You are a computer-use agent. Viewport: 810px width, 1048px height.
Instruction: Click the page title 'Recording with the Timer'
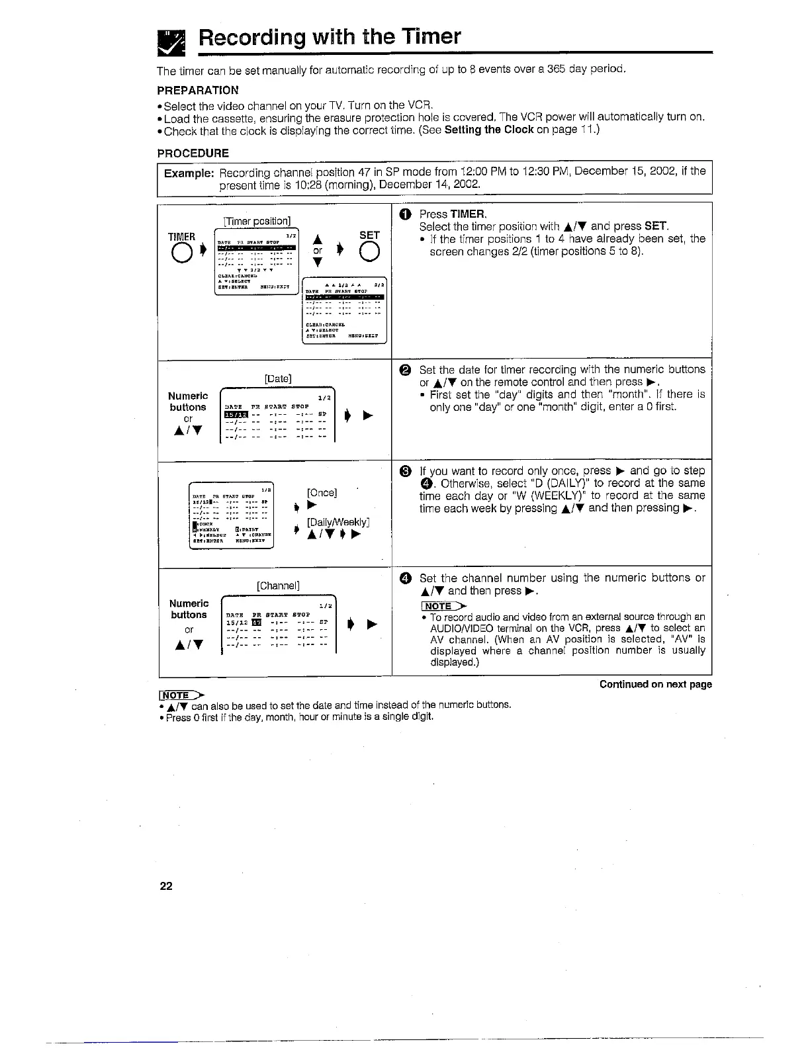coord(330,36)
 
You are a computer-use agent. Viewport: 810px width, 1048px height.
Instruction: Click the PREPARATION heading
coord(197,90)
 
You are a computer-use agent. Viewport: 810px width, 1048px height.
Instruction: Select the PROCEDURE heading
coord(193,153)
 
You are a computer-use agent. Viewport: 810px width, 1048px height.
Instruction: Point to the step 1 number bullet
coord(406,214)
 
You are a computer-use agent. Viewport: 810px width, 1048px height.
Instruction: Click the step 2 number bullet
coord(406,370)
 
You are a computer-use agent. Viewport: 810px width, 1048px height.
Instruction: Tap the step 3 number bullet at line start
coord(406,471)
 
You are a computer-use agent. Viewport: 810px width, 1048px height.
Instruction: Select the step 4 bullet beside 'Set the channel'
coord(406,579)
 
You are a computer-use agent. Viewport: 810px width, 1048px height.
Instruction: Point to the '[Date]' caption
coord(278,378)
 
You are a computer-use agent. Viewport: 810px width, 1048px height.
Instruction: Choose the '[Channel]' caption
coord(278,586)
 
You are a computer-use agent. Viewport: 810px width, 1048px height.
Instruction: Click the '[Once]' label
coord(322,493)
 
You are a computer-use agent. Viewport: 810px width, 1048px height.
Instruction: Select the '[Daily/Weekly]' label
coord(338,522)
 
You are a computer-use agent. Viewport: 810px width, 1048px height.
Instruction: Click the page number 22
coord(165,886)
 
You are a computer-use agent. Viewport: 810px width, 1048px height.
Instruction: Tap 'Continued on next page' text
coord(655,684)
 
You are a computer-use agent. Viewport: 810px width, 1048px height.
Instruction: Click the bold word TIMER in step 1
coord(468,214)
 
